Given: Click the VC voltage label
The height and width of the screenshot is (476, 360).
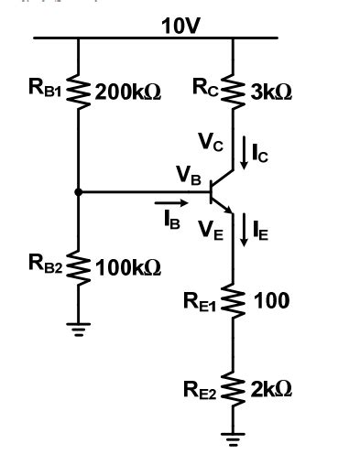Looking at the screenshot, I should click(x=210, y=142).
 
